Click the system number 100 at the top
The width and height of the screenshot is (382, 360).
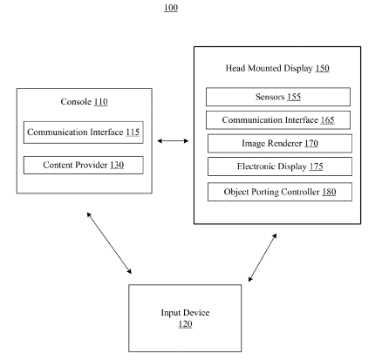click(x=171, y=8)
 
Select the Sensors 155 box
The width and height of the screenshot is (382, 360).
click(x=278, y=97)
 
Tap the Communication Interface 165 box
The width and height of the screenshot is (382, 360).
click(x=278, y=120)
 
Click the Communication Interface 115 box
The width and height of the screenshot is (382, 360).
click(x=84, y=132)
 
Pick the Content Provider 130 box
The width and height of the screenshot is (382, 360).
click(x=84, y=165)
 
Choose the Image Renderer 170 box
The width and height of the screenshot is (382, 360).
click(x=280, y=143)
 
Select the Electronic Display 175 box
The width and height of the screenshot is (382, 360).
click(x=280, y=166)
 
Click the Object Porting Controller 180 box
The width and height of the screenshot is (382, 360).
click(x=280, y=192)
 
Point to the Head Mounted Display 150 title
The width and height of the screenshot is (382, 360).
click(x=277, y=68)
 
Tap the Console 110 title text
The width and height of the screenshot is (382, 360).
click(x=84, y=102)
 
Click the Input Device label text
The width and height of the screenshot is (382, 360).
click(x=185, y=313)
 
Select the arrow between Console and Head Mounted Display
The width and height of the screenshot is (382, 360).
click(x=173, y=141)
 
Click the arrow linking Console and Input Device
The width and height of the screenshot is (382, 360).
click(x=109, y=243)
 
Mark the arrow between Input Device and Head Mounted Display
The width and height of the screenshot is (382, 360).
click(x=263, y=257)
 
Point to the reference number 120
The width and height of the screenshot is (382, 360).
click(x=185, y=324)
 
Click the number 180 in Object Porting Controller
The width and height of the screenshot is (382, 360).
click(x=329, y=192)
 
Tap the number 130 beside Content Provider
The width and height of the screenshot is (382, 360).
click(x=117, y=165)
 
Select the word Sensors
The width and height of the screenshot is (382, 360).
click(x=269, y=97)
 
